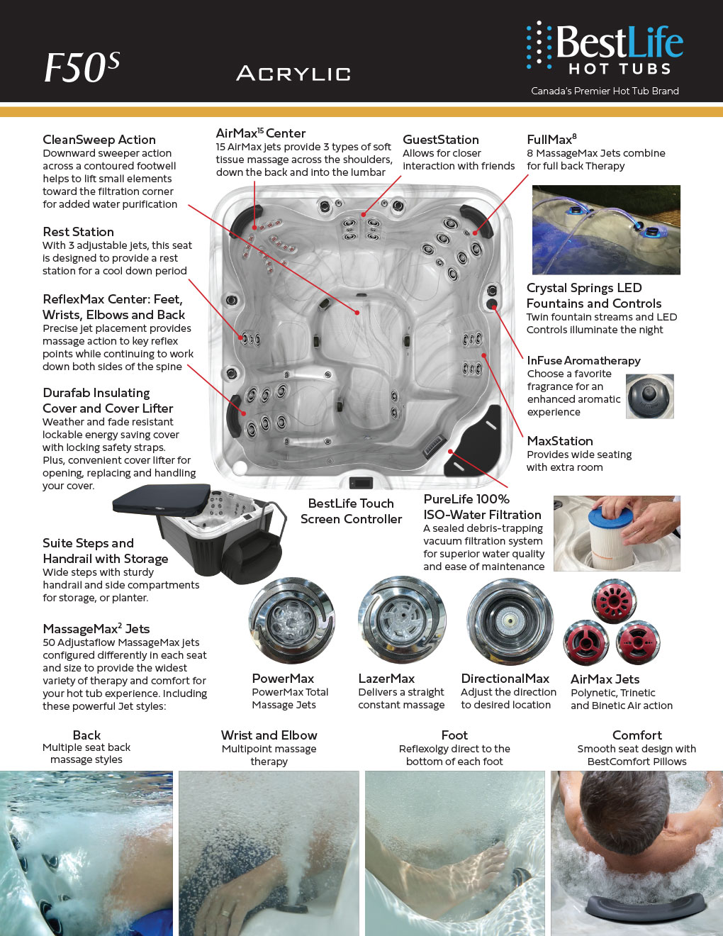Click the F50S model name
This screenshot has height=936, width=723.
[82, 68]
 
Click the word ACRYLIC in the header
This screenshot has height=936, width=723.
[293, 73]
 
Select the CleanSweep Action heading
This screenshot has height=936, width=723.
[99, 140]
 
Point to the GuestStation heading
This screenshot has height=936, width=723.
[440, 140]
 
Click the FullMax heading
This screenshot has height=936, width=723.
[551, 139]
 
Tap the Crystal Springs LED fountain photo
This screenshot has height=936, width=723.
[606, 230]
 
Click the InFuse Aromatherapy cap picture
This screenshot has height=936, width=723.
[649, 396]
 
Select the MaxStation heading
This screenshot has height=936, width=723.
[559, 441]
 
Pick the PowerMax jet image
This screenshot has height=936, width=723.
[291, 621]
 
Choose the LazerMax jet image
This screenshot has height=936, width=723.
[402, 621]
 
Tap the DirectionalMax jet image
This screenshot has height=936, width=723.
[509, 621]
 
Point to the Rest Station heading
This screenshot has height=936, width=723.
[78, 232]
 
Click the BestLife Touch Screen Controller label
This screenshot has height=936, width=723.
[351, 511]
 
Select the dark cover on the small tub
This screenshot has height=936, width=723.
[162, 500]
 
